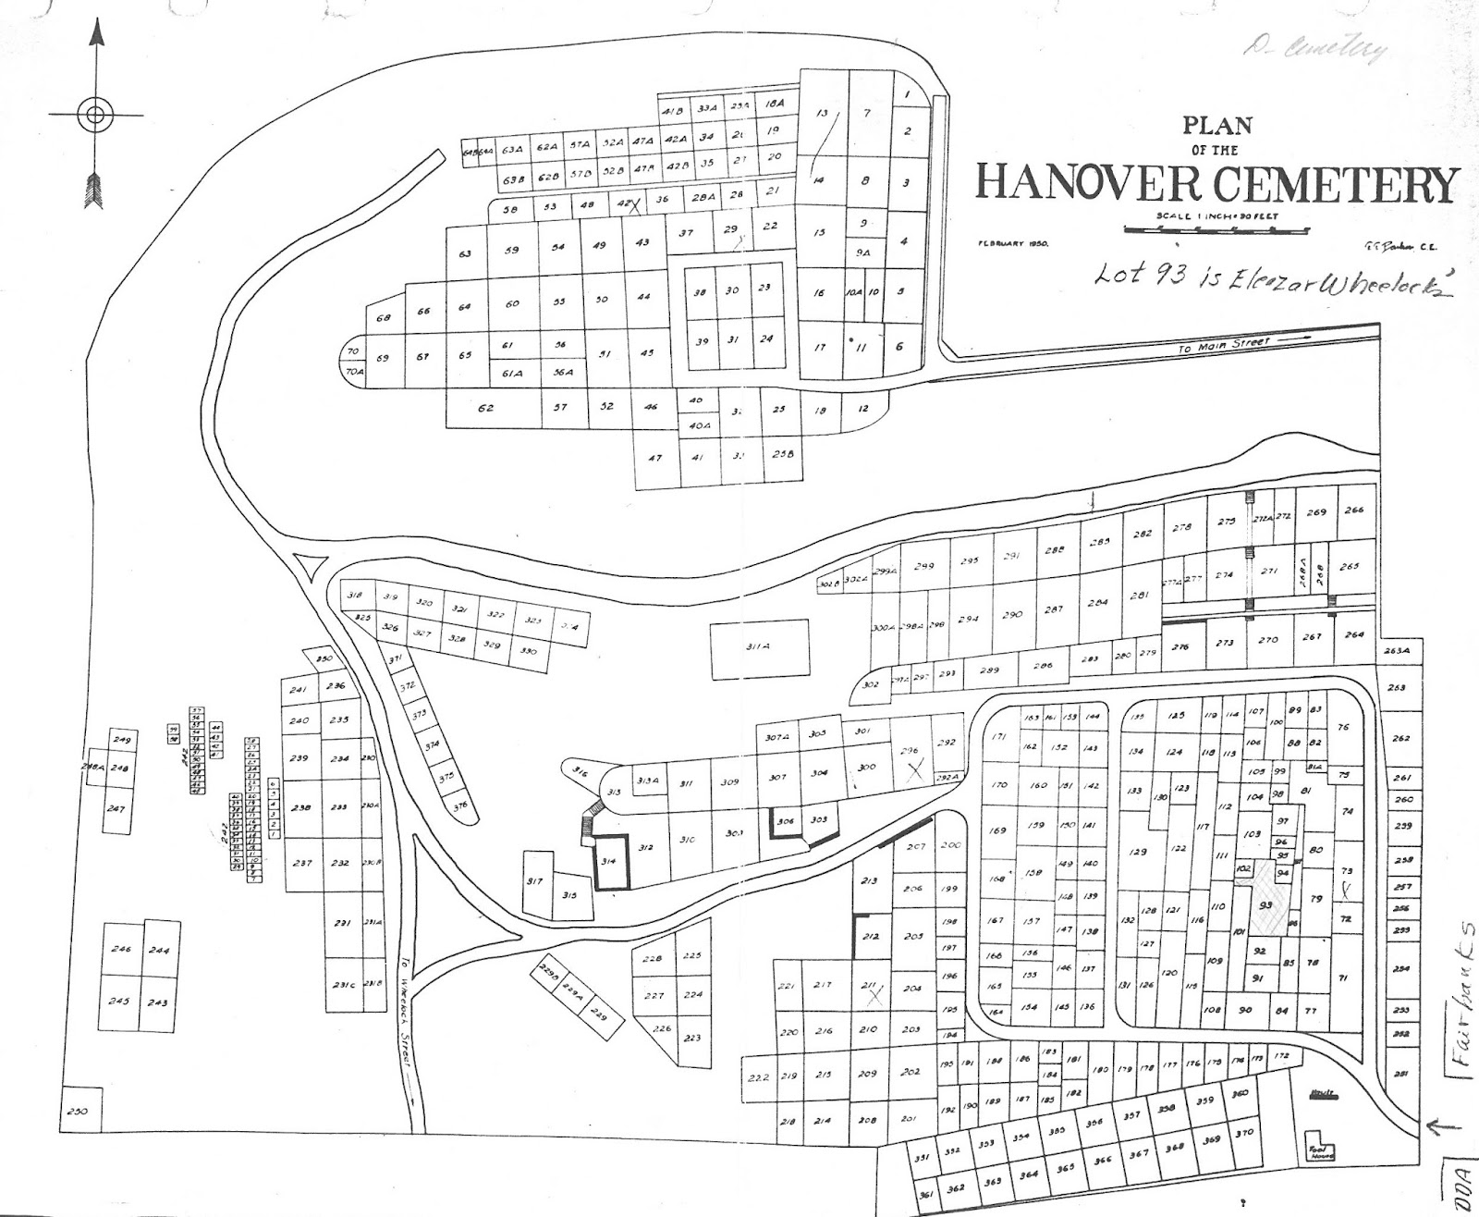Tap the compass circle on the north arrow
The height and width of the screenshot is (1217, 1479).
pyautogui.click(x=94, y=115)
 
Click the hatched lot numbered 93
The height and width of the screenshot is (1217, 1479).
pyautogui.click(x=1266, y=904)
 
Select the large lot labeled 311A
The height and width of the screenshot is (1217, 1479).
pyautogui.click(x=759, y=647)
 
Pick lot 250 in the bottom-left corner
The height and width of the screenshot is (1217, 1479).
pyautogui.click(x=79, y=1112)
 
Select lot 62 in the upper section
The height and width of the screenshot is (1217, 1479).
pyautogui.click(x=486, y=408)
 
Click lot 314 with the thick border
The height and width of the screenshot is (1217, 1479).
pyautogui.click(x=609, y=862)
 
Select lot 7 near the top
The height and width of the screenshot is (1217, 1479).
pyautogui.click(x=866, y=114)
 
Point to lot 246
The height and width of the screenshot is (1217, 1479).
pyautogui.click(x=121, y=950)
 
